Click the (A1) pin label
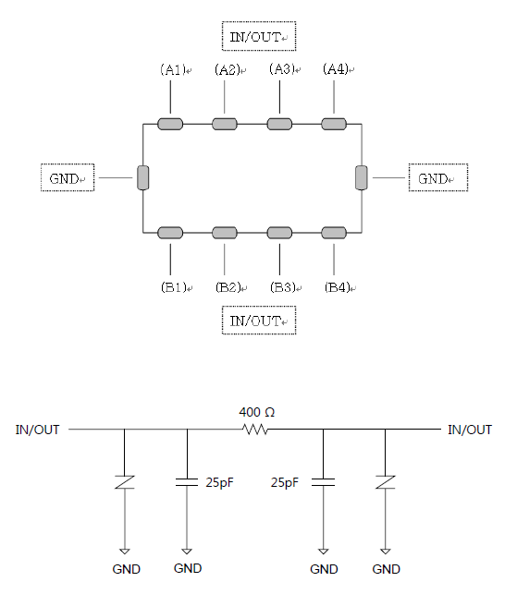point(173,69)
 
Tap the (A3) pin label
point(282,69)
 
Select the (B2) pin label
point(228,287)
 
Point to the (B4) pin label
point(338,287)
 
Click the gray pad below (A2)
point(225,124)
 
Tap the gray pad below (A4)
point(334,124)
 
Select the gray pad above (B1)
point(170,233)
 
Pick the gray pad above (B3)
point(279,233)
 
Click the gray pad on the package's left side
point(143,177)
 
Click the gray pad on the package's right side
point(362,177)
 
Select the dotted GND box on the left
point(68,177)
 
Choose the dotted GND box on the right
point(438,177)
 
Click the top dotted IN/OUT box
point(259,36)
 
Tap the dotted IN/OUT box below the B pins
point(259,321)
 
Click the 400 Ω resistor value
point(257,412)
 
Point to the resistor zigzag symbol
point(254,429)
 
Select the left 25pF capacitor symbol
point(187,482)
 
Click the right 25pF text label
point(285,483)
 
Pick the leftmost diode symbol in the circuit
point(125,482)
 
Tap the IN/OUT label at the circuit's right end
point(470,430)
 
